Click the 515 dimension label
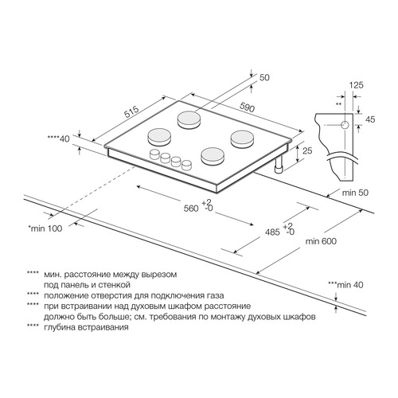tap(132, 112)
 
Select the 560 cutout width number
tap(191, 209)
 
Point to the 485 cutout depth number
tap(272, 232)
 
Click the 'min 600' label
tap(321, 241)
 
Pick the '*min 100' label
tap(45, 228)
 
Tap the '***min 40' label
tap(345, 285)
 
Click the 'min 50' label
tap(355, 193)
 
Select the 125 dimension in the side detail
tap(356, 85)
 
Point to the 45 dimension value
tap(370, 119)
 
